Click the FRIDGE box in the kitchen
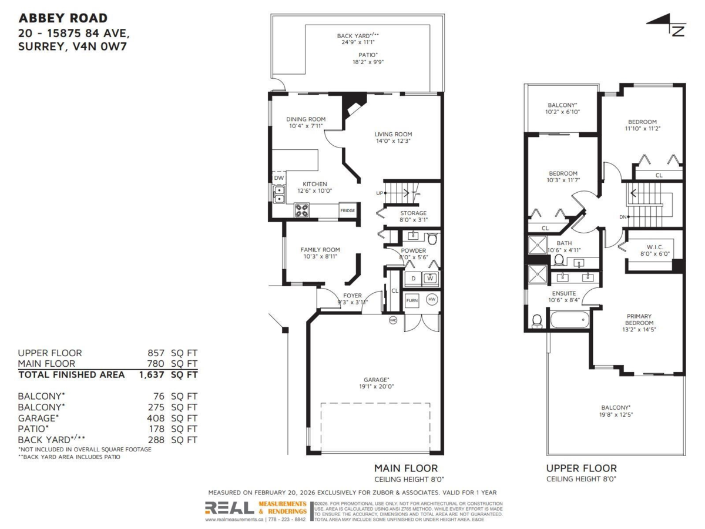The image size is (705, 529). coord(347,210)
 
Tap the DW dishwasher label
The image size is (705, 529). coord(278,178)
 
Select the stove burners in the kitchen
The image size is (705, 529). coord(302,210)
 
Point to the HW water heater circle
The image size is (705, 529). coord(432,299)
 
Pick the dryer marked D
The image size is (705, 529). coord(413,278)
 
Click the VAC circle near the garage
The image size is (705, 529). coord(393,320)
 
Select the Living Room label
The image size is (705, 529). coord(393,134)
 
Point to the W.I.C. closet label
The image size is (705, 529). coord(654,247)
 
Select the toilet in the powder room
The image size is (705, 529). coord(432,239)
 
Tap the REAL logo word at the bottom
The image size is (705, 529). coord(229,508)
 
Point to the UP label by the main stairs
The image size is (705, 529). coord(379,193)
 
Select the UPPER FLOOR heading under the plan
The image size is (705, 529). coord(581,468)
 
